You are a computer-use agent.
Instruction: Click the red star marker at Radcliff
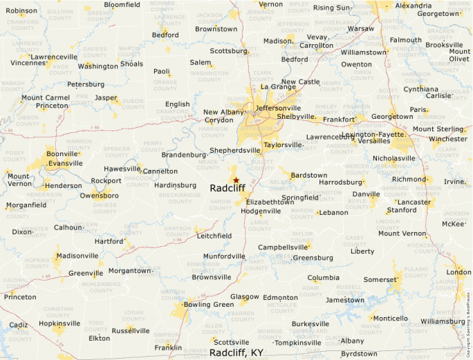pos(236,180)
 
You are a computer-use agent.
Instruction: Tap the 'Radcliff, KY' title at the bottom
pos(236,352)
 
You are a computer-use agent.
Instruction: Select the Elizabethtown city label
pos(270,202)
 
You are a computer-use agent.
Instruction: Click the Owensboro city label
pos(99,196)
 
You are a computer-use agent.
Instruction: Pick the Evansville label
pos(66,163)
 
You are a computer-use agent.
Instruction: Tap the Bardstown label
pos(308,176)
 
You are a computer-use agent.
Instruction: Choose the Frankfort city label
pos(338,120)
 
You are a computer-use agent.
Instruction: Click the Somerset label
pos(381,279)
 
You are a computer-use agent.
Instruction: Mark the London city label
pos(458,272)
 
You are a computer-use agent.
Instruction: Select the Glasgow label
pos(245,297)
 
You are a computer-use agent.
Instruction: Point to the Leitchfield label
pos(214,236)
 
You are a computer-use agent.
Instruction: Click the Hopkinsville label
pos(59,323)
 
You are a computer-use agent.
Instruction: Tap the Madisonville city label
pos(77,256)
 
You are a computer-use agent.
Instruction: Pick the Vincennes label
pos(28,63)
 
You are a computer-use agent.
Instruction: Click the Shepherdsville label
pos(234,150)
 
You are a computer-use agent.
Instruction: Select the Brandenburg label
pos(183,155)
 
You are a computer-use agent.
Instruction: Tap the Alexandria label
pos(414,6)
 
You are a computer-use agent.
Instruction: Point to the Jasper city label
pos(106,98)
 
